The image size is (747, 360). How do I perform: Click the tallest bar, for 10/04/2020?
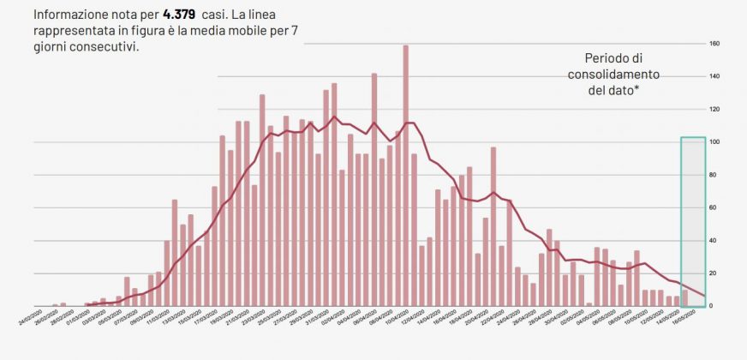pyautogui.click(x=405, y=176)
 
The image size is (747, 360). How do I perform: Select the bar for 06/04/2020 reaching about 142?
pyautogui.click(x=374, y=189)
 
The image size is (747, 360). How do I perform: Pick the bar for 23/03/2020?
pyautogui.click(x=262, y=201)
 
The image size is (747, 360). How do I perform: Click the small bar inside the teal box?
pyautogui.click(x=684, y=298)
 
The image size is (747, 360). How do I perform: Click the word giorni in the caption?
pyautogui.click(x=55, y=47)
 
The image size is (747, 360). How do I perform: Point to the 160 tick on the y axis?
pyautogui.click(x=714, y=44)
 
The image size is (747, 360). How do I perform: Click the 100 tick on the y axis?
pyautogui.click(x=714, y=142)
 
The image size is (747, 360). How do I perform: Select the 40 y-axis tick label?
pyautogui.click(x=714, y=241)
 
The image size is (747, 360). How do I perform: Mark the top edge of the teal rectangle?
pyautogui.click(x=693, y=137)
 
